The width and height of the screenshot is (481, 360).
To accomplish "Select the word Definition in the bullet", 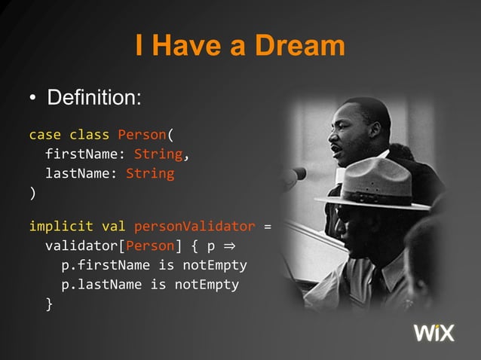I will click(93, 99).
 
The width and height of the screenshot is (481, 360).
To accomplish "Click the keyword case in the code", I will click(44, 136).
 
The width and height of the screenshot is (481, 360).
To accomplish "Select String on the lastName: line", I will click(150, 174).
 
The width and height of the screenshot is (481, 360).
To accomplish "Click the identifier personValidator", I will click(195, 227).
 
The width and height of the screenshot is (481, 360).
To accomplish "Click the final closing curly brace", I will click(49, 304).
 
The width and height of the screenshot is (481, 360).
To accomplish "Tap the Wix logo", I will click(434, 332).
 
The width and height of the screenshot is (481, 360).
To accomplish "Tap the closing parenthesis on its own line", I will click(32, 193).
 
